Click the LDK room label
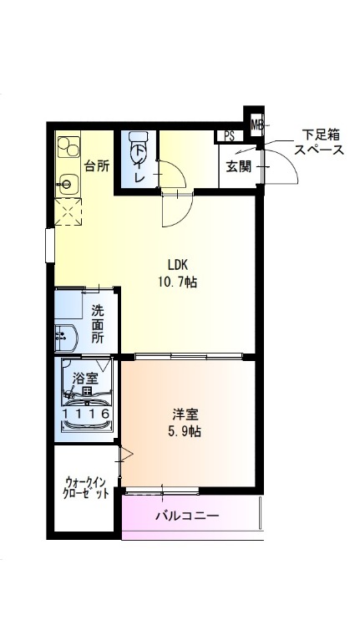tap(178, 265)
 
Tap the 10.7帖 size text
tap(177, 282)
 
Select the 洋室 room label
tap(185, 415)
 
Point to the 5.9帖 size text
tap(185, 432)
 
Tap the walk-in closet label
tap(86, 486)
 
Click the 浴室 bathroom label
tap(85, 379)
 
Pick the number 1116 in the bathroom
tap(86, 414)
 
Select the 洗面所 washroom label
tap(97, 324)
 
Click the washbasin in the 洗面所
tap(64, 338)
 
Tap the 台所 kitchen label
tap(96, 166)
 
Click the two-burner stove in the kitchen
tap(68, 147)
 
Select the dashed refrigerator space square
tap(68, 211)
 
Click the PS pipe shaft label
tap(229, 136)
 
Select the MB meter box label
tap(257, 124)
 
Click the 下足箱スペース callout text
tap(319, 142)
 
